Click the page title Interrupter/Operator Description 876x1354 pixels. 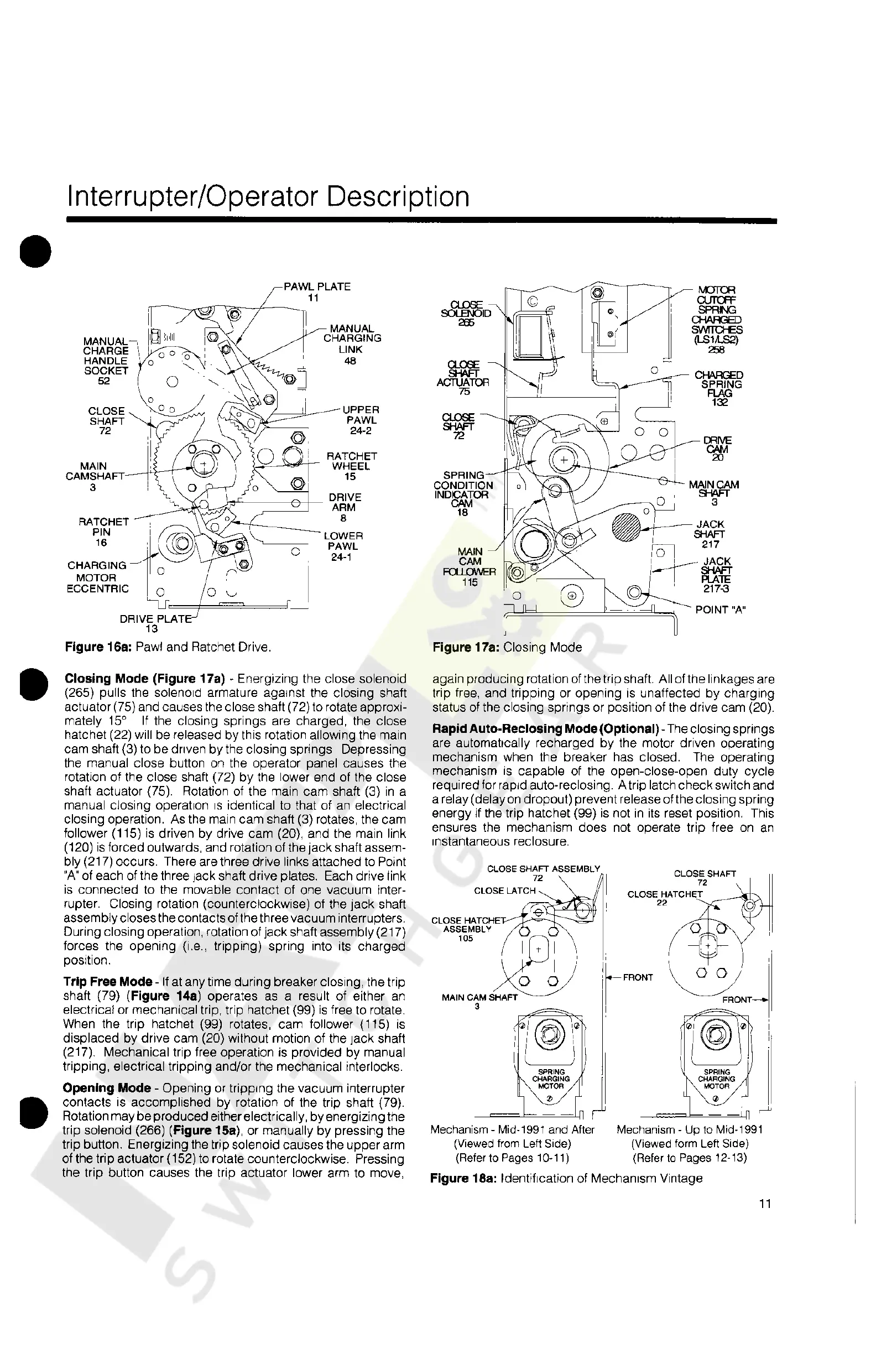[268, 197]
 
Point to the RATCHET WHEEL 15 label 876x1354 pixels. [351, 466]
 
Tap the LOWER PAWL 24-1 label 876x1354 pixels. [343, 546]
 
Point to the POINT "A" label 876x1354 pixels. [721, 610]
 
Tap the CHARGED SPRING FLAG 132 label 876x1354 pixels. [718, 389]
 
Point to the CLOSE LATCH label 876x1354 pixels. [504, 890]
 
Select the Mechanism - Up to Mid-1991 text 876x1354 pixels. [690, 1129]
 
